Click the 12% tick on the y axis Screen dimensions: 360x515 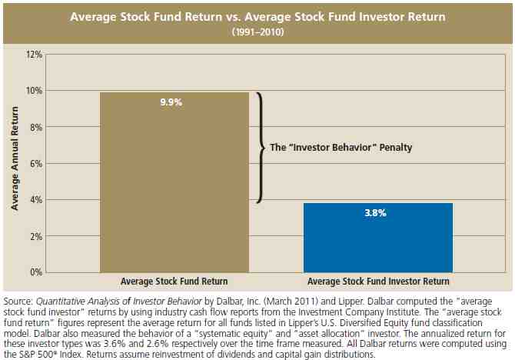tap(33, 55)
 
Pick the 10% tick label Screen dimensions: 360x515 tap(33, 91)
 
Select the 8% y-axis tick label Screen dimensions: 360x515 tap(35, 127)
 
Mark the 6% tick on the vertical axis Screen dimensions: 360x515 tap(35, 163)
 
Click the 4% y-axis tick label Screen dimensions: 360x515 tap(35, 199)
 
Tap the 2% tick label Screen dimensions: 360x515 tap(35, 235)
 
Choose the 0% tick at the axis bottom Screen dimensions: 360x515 tap(35, 272)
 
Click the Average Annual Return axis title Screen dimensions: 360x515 tap(13, 162)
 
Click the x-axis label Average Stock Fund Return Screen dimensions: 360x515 tap(174, 282)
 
